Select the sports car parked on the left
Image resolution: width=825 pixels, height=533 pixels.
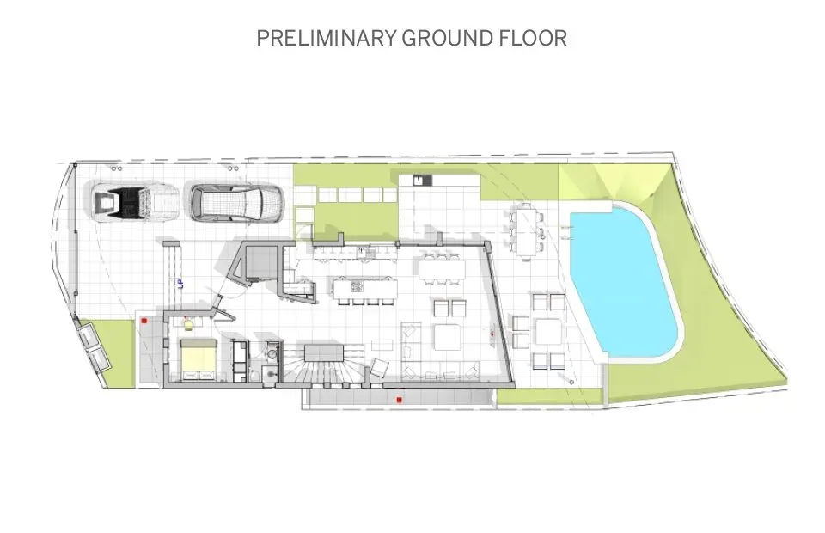click(133, 204)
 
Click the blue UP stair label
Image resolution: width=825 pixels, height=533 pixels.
click(180, 285)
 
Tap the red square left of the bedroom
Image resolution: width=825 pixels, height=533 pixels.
click(145, 320)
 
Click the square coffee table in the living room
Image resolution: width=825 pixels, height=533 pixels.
click(448, 337)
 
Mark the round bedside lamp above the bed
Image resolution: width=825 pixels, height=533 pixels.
click(188, 323)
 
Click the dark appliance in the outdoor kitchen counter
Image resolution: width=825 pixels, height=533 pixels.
click(419, 180)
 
